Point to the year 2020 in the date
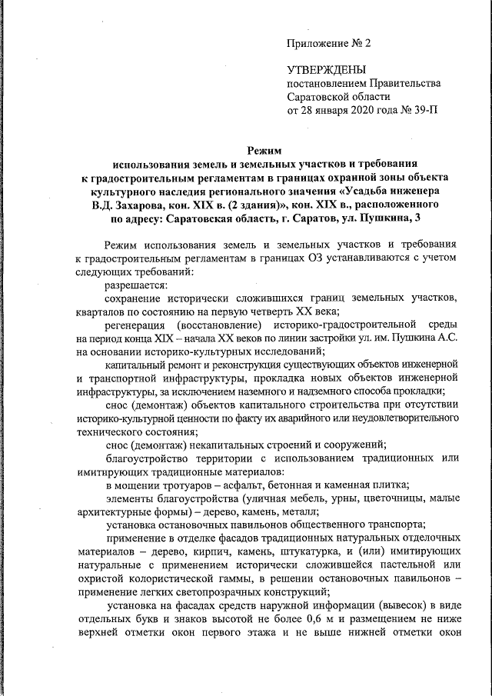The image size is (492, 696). (361, 111)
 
